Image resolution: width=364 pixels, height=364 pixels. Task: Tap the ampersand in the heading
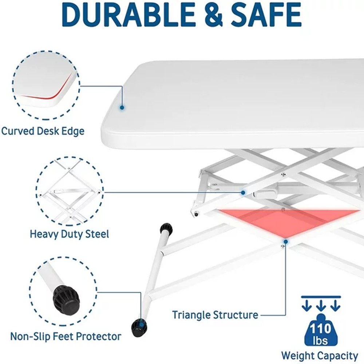pos(213,15)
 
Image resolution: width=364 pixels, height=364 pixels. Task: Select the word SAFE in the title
pos(266,15)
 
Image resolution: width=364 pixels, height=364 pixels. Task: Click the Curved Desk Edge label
pos(43,131)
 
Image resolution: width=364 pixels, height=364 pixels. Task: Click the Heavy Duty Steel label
pos(70,234)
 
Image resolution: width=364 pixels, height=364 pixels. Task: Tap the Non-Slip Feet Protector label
pos(66,336)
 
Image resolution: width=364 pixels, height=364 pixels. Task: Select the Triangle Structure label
pos(215,315)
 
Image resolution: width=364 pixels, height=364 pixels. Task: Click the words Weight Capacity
pos(320,356)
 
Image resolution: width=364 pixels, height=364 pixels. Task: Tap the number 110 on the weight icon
pos(321,329)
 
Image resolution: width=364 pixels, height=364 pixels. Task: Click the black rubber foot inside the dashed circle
pos(66,299)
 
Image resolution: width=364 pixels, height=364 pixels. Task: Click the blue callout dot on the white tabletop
pos(122,107)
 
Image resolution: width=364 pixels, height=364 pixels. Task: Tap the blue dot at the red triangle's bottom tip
pos(286,242)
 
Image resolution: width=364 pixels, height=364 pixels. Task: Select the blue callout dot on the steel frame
pos(243,193)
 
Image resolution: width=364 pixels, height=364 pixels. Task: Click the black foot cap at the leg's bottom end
pos(139,327)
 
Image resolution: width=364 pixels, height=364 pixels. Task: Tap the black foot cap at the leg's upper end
pos(166,229)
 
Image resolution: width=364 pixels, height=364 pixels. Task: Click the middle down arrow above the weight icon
pos(321,305)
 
